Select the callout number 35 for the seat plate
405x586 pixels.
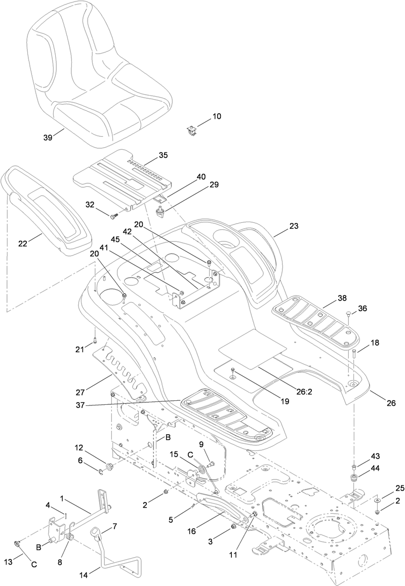pos(163,155)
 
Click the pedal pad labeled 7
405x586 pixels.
pos(95,532)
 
